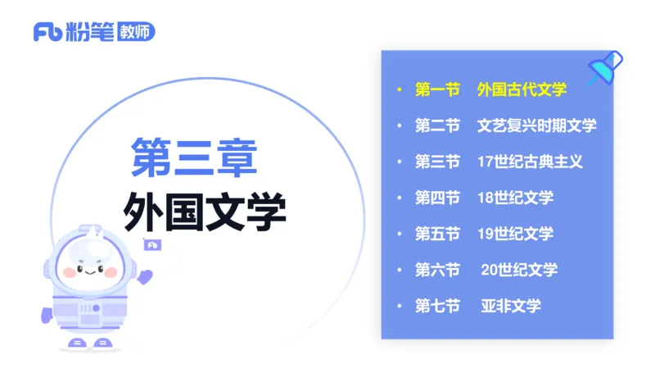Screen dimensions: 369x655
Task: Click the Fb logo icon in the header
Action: (47, 33)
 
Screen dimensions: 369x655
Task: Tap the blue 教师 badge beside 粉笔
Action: (136, 32)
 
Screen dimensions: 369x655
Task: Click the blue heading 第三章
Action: (194, 157)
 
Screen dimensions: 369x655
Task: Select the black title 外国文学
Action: (205, 212)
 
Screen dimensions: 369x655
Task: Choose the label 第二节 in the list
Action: (437, 125)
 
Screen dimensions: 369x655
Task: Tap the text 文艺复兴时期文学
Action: (537, 125)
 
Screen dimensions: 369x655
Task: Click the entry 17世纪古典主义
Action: (530, 162)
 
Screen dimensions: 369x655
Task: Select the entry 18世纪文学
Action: (516, 198)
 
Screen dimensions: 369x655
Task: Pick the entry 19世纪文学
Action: (516, 234)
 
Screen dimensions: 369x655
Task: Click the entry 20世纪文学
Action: (519, 270)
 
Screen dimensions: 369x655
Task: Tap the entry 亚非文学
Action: (511, 306)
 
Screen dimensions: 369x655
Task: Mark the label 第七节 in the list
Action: (437, 306)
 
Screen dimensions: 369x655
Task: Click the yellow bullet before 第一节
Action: (399, 89)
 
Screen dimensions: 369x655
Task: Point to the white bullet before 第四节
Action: (399, 198)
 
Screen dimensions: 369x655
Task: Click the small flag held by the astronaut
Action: (152, 244)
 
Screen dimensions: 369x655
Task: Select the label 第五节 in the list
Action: (437, 234)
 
